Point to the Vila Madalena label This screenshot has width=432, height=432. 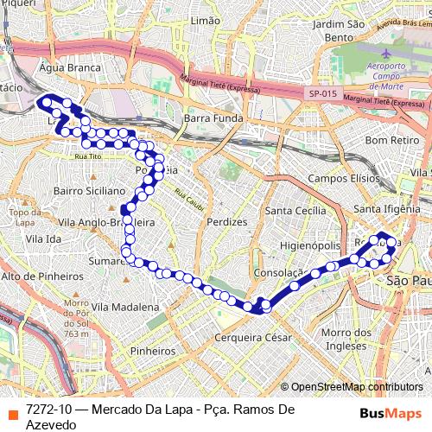click(124, 307)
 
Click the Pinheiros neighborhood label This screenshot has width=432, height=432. click(151, 351)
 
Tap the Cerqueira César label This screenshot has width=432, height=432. click(253, 337)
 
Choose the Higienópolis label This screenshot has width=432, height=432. click(311, 246)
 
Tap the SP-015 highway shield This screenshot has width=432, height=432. click(322, 94)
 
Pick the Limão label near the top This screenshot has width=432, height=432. click(205, 19)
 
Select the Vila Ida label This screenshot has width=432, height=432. click(43, 238)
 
